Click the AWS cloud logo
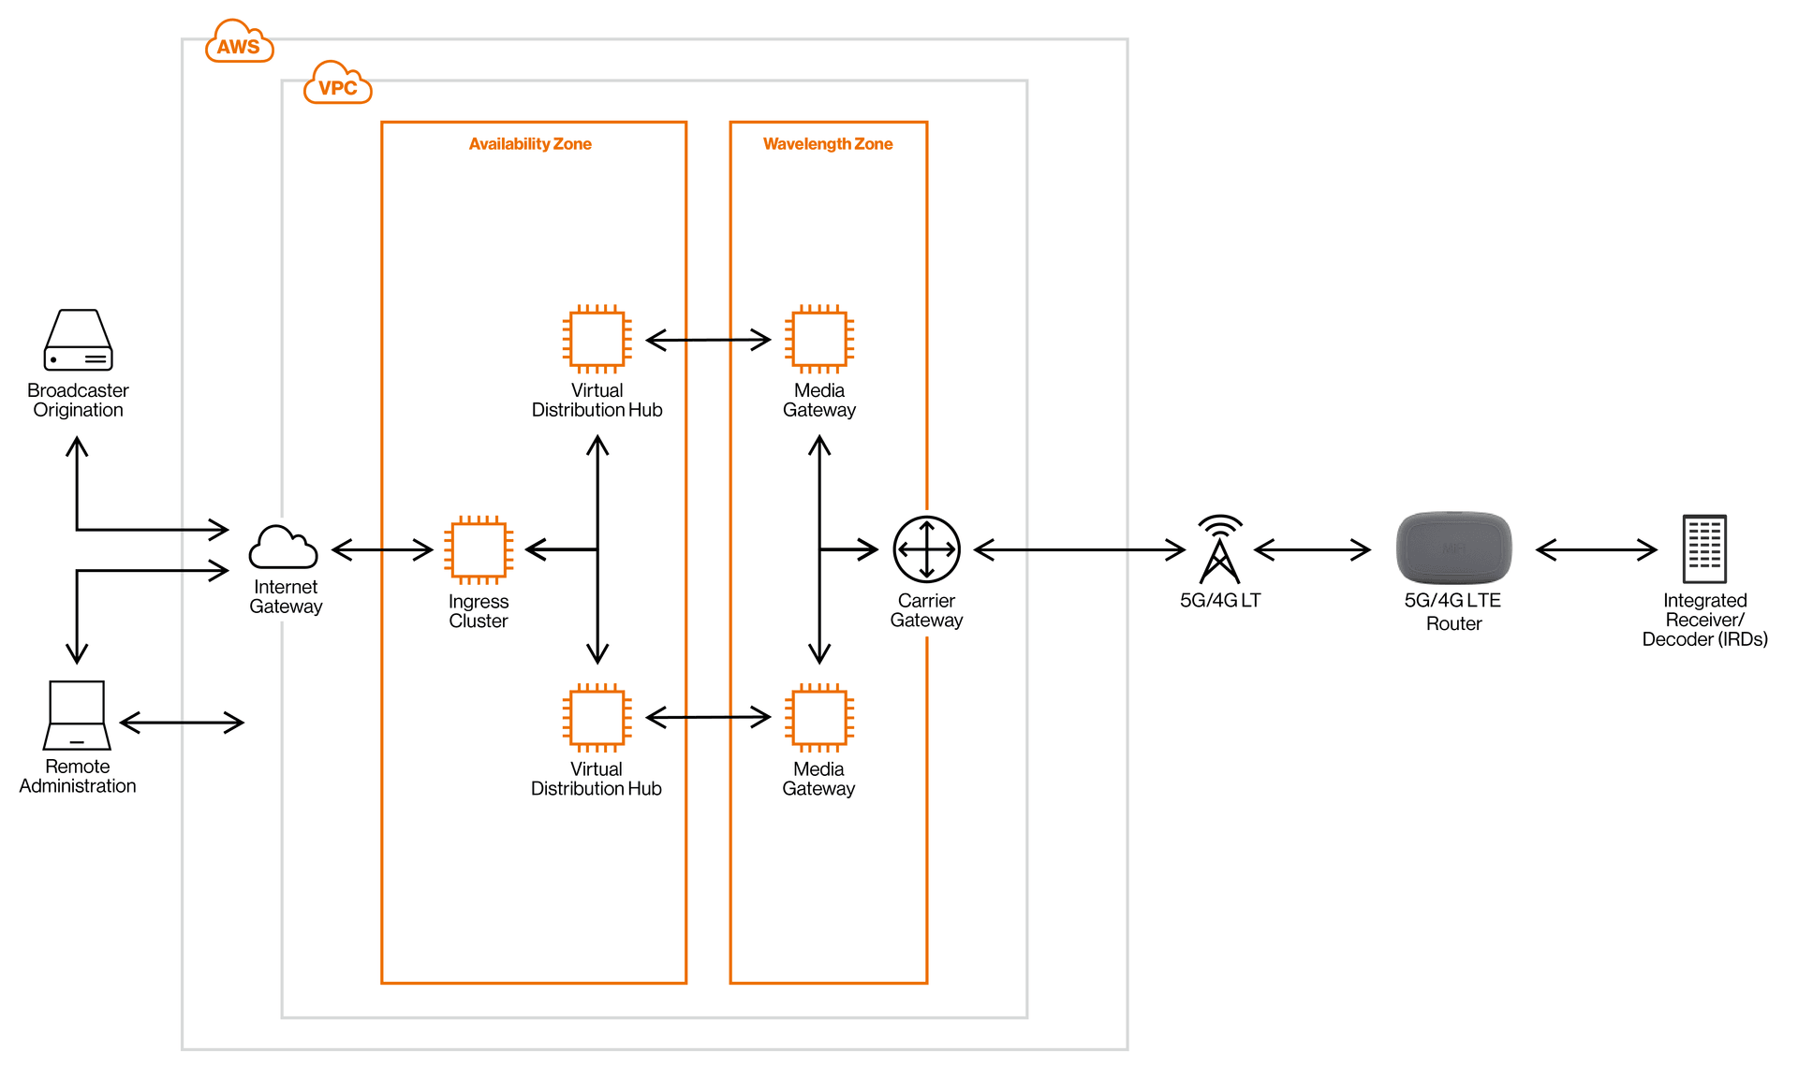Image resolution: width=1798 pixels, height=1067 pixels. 239,42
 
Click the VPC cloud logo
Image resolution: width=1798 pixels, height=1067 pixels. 337,83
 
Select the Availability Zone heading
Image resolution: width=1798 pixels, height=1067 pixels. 530,144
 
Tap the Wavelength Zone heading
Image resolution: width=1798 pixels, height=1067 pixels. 828,144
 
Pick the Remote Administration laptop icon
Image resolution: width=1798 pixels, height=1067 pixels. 77,715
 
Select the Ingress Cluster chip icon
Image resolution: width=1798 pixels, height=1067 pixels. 479,549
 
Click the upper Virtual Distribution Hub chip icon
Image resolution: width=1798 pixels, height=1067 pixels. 597,339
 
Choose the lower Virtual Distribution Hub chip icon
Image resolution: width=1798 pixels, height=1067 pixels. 597,718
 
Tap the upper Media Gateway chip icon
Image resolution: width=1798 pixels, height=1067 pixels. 819,339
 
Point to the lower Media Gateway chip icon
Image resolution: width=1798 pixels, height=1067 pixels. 819,718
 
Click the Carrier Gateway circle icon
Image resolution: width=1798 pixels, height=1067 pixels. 926,549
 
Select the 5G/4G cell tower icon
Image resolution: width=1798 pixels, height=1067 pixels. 1220,549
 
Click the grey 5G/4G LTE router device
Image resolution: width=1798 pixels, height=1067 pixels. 1453,548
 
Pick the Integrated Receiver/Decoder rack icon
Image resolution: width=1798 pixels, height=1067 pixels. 1704,548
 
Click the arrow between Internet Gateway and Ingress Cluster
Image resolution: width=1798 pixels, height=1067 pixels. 382,549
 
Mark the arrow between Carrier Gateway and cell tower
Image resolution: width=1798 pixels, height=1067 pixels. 1080,549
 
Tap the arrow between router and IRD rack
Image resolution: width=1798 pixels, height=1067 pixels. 1597,549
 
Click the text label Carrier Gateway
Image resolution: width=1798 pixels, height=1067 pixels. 926,610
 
